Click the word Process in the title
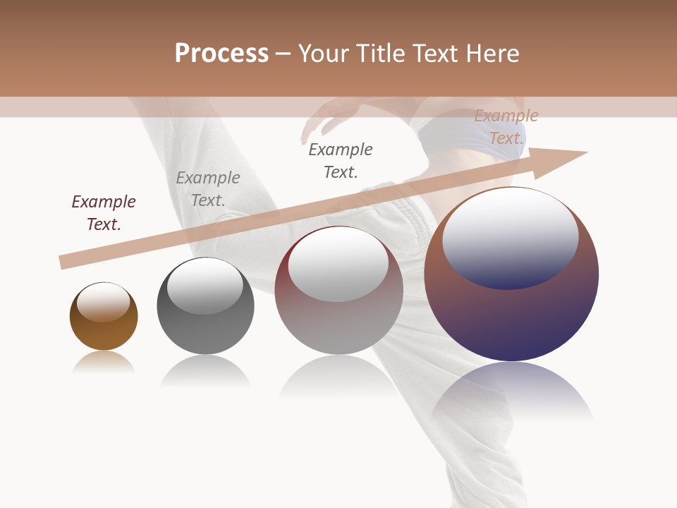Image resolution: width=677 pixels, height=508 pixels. pyautogui.click(x=221, y=53)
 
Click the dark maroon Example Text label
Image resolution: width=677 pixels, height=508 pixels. pyautogui.click(x=104, y=212)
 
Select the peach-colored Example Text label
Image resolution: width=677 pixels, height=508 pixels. pyautogui.click(x=506, y=126)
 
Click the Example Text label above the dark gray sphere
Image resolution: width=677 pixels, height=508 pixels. pyautogui.click(x=208, y=188)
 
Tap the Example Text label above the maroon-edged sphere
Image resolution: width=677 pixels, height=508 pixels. pyautogui.click(x=341, y=160)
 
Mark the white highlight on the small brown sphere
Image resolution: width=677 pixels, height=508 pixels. pyautogui.click(x=104, y=301)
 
